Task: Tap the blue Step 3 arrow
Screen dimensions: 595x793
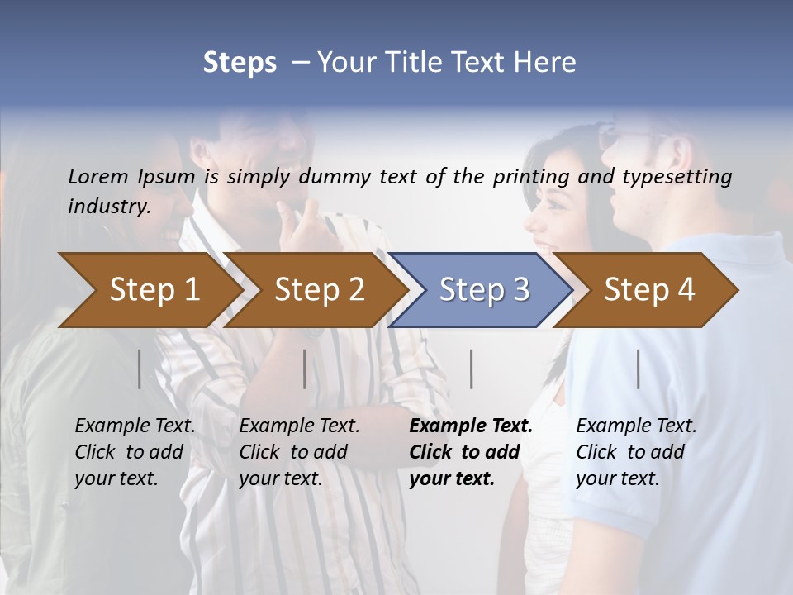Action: tap(484, 290)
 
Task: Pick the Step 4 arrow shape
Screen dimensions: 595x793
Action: tap(649, 290)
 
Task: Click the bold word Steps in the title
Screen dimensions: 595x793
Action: tap(240, 63)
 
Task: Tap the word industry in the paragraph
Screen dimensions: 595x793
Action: tap(108, 206)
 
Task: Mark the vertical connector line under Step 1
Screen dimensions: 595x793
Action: tap(140, 369)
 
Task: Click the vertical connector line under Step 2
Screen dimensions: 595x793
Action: tap(305, 369)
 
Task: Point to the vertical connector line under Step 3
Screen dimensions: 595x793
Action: tap(472, 369)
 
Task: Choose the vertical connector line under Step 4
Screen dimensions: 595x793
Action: tap(639, 369)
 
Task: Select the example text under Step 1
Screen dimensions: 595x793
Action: tap(135, 452)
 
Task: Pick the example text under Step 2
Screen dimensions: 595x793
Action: tap(299, 452)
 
